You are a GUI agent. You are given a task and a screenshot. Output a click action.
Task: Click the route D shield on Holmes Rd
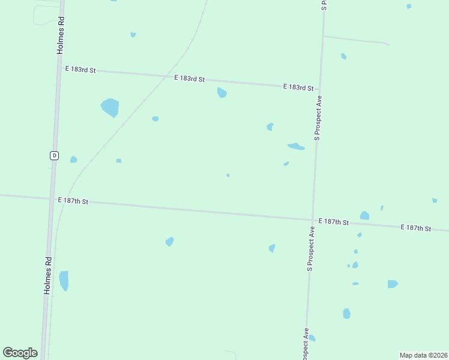[x=54, y=155]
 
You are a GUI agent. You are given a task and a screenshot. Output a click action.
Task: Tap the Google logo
[x=20, y=353]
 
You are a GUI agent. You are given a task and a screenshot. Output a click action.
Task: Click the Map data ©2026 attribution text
[x=424, y=355]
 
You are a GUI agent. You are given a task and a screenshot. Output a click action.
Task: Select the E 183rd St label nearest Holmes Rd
[x=80, y=70]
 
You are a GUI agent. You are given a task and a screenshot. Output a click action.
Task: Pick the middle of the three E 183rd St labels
[x=190, y=79]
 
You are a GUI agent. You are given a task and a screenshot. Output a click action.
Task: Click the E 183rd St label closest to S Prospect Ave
[x=298, y=88]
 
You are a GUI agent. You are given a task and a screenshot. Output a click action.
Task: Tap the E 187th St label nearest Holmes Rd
[x=73, y=201]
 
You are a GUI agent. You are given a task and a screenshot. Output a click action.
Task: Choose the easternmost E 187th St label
[x=416, y=228]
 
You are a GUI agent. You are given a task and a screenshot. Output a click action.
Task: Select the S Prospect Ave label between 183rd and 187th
[x=319, y=118]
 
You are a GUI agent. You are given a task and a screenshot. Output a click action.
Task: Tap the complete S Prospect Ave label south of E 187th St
[x=311, y=248]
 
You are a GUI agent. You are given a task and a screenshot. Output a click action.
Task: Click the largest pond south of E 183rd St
[x=110, y=107]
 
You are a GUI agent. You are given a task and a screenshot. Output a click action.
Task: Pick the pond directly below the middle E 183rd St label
[x=221, y=92]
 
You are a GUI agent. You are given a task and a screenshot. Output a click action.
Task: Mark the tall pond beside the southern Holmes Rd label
[x=64, y=280]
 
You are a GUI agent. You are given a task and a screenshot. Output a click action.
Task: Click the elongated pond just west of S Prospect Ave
[x=296, y=146]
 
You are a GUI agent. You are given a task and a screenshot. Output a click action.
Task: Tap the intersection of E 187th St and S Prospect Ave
[x=313, y=219]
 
